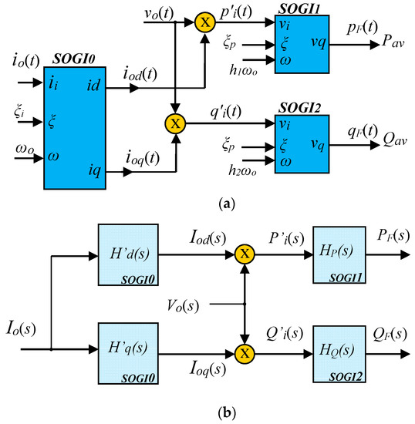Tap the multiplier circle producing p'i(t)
point(204,22)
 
